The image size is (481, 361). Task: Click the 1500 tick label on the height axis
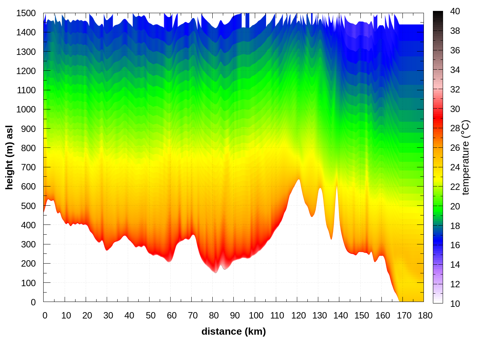click(x=26, y=13)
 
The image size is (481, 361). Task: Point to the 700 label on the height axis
click(x=28, y=167)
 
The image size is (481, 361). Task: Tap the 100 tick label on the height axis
click(x=28, y=283)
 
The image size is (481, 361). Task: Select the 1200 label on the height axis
click(x=26, y=71)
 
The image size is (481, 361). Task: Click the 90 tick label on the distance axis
click(x=235, y=315)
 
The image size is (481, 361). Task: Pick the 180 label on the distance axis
click(x=425, y=315)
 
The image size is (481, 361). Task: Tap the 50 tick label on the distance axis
click(x=150, y=315)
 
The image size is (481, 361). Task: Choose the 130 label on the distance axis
click(x=319, y=315)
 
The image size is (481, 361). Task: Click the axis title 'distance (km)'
click(x=233, y=331)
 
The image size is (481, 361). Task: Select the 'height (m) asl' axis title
click(x=9, y=157)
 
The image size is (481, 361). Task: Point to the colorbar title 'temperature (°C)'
click(x=466, y=157)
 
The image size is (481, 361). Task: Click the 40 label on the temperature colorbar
click(x=455, y=11)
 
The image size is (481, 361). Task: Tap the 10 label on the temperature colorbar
click(x=455, y=303)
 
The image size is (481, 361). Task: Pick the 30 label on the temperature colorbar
click(x=455, y=109)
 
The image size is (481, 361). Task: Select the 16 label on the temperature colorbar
click(x=455, y=245)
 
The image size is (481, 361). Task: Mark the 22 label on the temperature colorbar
click(x=455, y=187)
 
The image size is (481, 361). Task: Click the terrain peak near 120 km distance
click(x=299, y=180)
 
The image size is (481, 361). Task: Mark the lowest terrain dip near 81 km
click(x=215, y=272)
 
